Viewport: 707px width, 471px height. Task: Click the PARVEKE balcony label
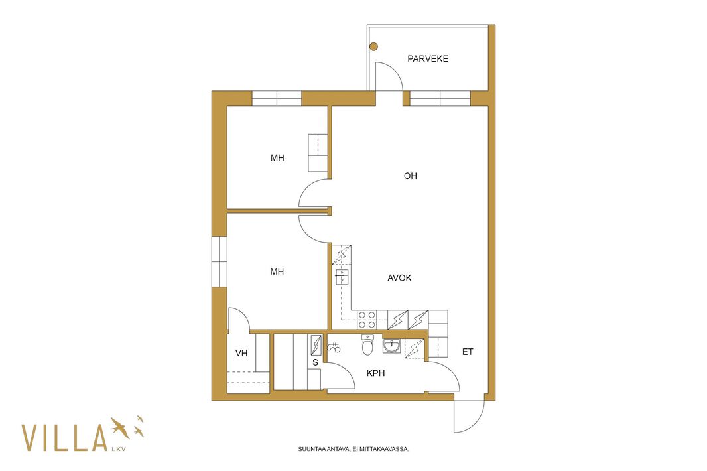click(427, 58)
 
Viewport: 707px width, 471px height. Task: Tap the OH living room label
click(411, 176)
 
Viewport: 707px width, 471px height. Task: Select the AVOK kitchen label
click(399, 278)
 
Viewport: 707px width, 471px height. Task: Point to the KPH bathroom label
click(375, 373)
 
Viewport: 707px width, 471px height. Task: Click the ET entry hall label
click(468, 352)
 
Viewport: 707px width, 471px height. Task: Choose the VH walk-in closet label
click(241, 353)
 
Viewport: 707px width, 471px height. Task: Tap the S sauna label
click(315, 362)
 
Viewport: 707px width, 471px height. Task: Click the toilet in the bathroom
click(368, 344)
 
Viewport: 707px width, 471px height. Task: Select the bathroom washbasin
click(391, 346)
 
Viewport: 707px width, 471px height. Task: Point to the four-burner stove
click(367, 320)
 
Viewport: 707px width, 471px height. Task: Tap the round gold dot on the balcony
click(374, 46)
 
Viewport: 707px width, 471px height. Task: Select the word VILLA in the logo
click(64, 438)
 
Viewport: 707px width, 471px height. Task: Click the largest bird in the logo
click(121, 427)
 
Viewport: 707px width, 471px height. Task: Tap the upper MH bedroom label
click(277, 158)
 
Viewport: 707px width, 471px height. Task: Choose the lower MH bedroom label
click(277, 271)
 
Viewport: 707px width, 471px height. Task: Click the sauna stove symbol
click(316, 345)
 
